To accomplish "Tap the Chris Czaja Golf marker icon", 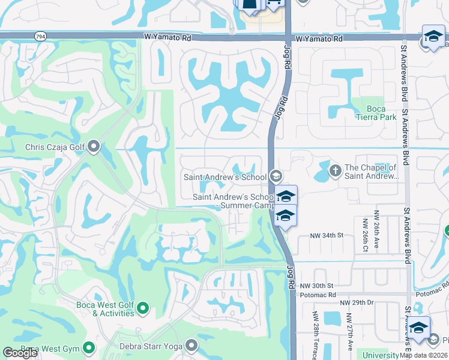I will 94,146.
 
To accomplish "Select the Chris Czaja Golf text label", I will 55,146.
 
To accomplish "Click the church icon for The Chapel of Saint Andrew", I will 335,172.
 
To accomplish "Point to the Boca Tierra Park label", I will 376,113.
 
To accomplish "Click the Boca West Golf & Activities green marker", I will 143,308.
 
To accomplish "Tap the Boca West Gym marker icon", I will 89,347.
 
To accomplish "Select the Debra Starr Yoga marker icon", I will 191,344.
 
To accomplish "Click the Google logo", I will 20,353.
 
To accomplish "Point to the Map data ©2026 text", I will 424,355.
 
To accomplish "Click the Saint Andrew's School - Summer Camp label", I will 233,202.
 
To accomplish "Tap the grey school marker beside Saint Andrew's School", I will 276,176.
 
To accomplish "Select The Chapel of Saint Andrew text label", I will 372,172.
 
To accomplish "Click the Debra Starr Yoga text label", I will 153,345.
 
